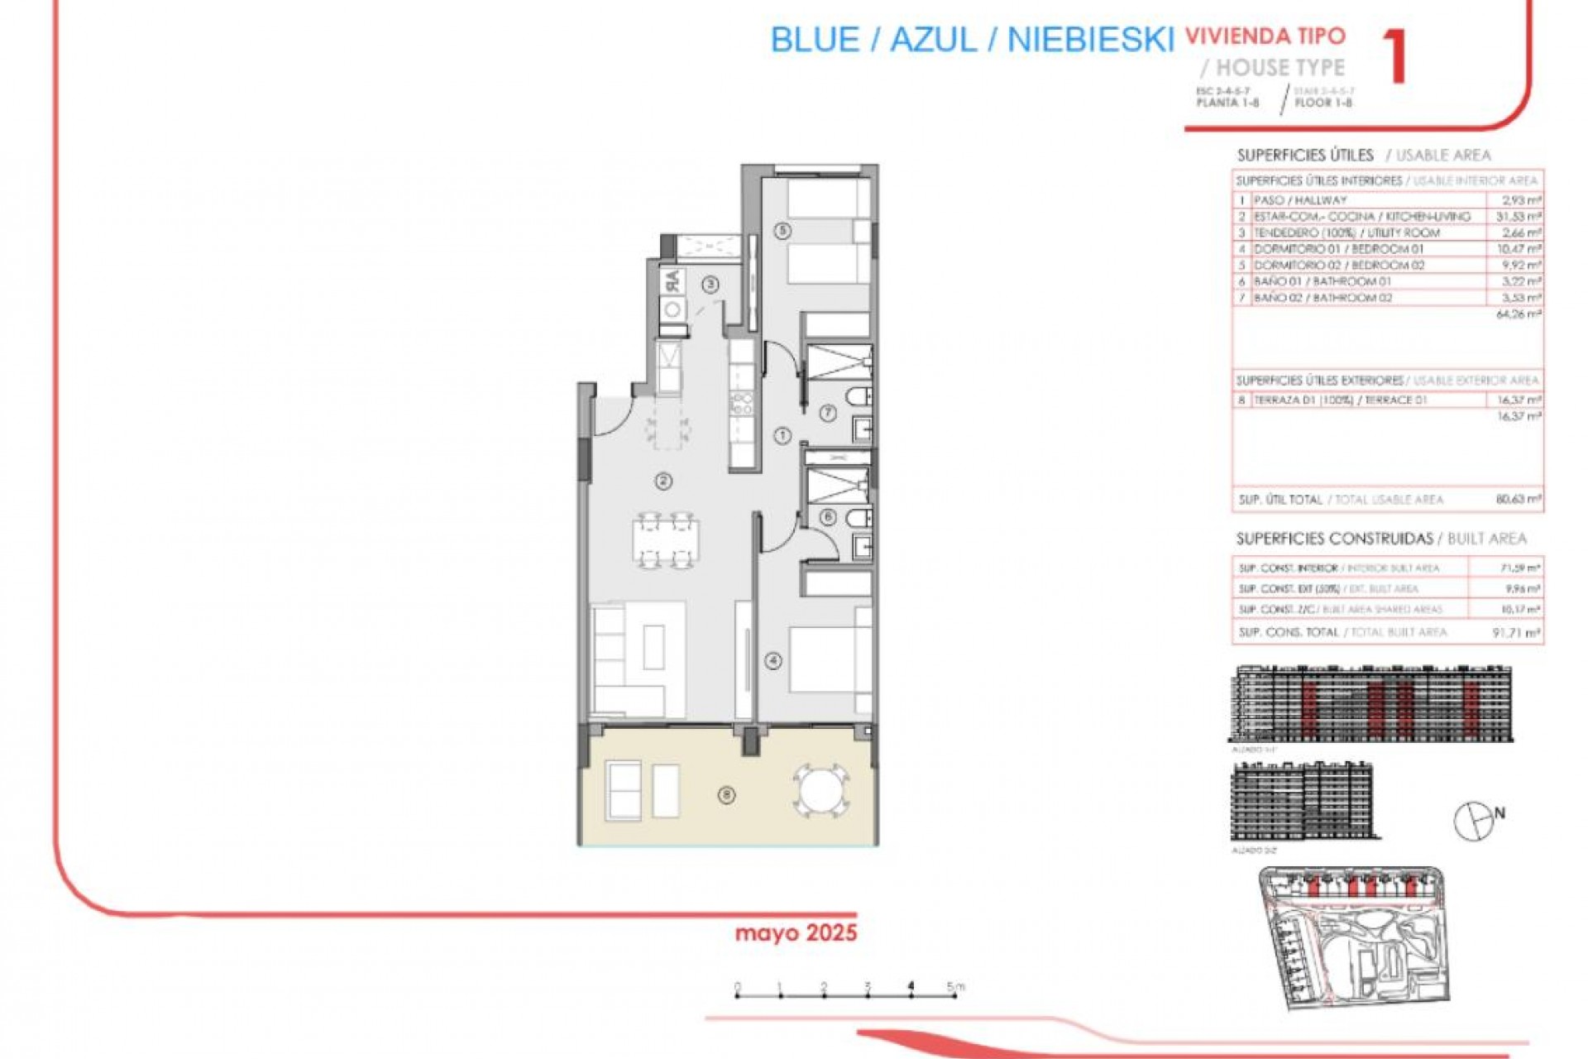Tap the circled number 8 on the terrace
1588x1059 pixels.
tap(726, 795)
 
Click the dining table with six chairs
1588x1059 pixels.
tap(666, 542)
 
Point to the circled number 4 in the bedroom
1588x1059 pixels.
tap(773, 660)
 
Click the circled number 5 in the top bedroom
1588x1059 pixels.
tap(783, 230)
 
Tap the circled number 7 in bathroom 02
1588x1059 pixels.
tap(828, 412)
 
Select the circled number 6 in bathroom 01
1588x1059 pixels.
tap(827, 517)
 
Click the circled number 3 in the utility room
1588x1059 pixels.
tap(710, 284)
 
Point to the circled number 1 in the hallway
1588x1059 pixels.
tap(782, 435)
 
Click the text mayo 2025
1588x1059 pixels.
tap(796, 933)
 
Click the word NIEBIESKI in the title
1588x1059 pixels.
tap(1090, 40)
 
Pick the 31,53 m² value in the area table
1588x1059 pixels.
tap(1521, 217)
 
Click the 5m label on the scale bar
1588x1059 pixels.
tap(955, 986)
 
